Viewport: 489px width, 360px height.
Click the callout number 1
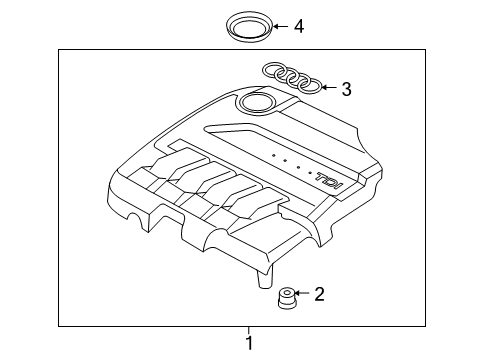coord(249,343)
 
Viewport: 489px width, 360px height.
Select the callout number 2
coord(319,294)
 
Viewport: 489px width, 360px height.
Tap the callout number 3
coord(346,89)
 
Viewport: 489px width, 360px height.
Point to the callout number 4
coord(299,26)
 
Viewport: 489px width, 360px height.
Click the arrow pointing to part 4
coord(280,26)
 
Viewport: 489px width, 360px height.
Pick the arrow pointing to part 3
coord(329,88)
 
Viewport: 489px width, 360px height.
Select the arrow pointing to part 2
coord(302,293)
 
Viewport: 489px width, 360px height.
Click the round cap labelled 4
coord(249,28)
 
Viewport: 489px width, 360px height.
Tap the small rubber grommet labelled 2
coord(287,298)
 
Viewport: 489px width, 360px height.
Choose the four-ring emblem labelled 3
coord(292,78)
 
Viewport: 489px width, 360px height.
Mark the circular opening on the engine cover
coord(257,102)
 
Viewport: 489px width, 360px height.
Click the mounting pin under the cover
coord(265,277)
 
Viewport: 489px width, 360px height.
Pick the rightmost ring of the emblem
coord(310,86)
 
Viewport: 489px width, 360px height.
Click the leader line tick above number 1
coord(248,330)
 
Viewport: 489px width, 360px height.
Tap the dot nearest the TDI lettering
coord(311,173)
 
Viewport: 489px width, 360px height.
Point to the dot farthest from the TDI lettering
coord(273,155)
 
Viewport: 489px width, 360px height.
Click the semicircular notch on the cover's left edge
coord(137,218)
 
